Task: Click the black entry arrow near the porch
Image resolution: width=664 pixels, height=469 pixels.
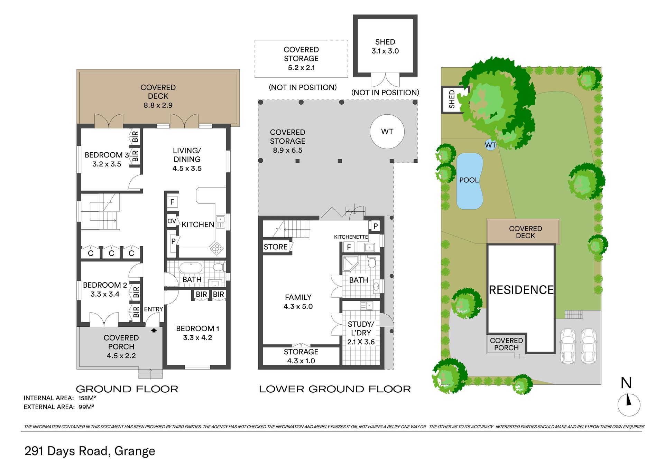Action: pos(154,330)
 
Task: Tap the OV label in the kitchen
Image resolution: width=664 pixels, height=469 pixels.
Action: pos(172,221)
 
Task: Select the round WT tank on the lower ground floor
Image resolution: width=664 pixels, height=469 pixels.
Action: pos(387,132)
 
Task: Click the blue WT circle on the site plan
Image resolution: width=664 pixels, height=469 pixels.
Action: pos(490,145)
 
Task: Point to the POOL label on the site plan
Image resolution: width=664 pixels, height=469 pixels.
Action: pos(469,180)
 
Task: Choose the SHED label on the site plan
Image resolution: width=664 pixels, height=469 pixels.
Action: pos(452,99)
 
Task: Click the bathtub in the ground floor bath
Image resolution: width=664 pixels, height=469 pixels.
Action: pos(191,268)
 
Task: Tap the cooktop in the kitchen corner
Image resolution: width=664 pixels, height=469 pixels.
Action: pos(217,248)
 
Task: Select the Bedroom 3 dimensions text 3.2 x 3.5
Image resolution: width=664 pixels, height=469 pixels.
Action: pos(107,164)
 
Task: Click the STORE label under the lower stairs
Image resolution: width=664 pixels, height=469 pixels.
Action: pos(276,247)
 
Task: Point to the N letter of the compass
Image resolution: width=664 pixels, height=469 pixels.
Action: pos(626,383)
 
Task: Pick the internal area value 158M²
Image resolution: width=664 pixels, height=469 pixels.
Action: pos(87,398)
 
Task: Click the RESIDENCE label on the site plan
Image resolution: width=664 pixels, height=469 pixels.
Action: pos(521,289)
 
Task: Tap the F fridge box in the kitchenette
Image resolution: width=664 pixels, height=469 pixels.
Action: pos(349,247)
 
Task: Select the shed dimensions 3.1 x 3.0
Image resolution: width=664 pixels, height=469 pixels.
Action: pos(385,51)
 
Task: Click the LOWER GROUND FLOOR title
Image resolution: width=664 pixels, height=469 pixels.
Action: pos(335,389)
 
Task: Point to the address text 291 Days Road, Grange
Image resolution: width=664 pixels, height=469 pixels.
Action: pos(90,451)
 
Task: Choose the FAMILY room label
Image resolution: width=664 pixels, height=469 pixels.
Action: pos(298,297)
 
